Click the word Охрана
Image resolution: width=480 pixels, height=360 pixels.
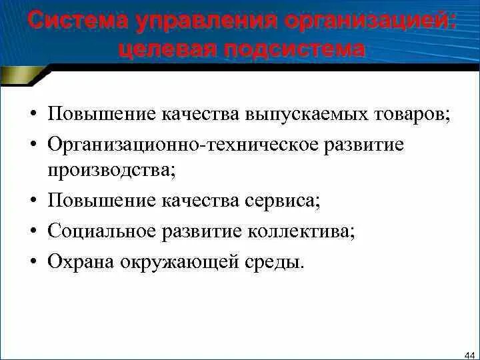pyautogui.click(x=80, y=261)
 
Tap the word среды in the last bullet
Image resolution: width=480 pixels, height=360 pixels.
pyautogui.click(x=280, y=261)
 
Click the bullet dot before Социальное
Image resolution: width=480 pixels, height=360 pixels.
pyautogui.click(x=33, y=231)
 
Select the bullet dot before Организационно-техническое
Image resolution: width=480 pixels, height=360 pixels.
pyautogui.click(x=33, y=145)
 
